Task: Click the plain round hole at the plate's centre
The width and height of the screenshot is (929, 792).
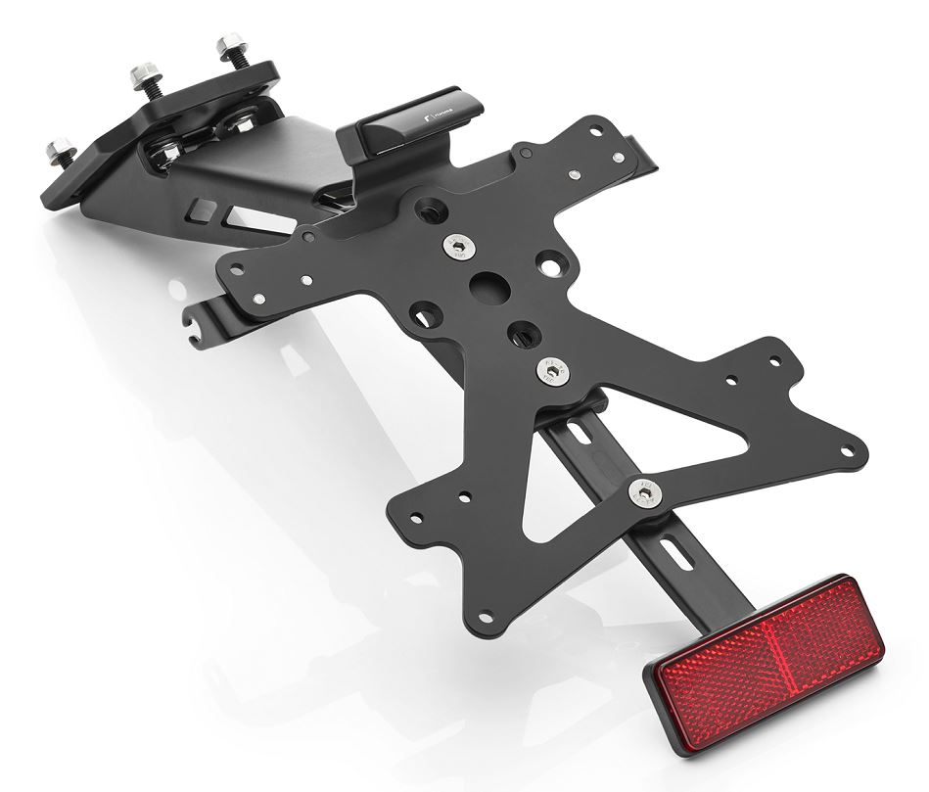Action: pos(486,282)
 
